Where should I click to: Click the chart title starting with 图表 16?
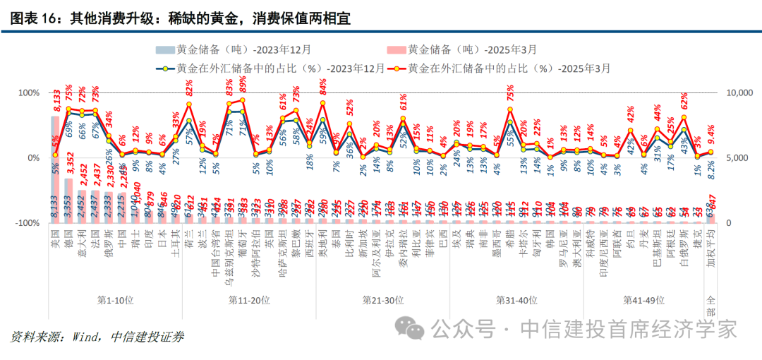coord(176,17)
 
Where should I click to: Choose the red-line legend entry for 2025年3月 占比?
coord(502,68)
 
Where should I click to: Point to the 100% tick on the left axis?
coord(28,93)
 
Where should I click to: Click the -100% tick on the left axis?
coord(26,223)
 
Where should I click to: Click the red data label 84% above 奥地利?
coord(323,88)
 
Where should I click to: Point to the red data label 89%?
coord(243,85)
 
